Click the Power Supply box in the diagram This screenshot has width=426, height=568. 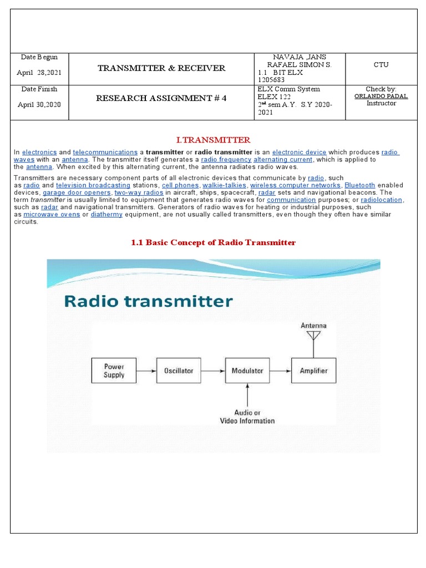(x=114, y=371)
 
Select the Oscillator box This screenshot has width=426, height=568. (x=180, y=371)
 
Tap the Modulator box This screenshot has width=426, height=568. (x=247, y=371)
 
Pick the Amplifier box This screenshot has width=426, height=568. (x=313, y=371)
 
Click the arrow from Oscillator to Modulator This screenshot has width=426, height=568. (x=214, y=371)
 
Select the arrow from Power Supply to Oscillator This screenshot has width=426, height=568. (x=147, y=371)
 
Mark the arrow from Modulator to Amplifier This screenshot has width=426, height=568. (x=280, y=371)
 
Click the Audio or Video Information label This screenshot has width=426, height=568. (x=247, y=417)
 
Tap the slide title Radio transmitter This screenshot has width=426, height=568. (x=148, y=302)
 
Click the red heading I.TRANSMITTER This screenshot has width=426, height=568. (x=213, y=140)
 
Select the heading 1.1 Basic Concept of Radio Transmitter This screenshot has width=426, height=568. (x=213, y=242)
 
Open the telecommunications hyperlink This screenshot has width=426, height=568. (x=105, y=152)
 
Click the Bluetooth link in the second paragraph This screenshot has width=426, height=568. (x=359, y=185)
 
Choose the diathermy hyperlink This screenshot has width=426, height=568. (x=106, y=214)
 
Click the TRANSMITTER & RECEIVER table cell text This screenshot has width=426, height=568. (x=161, y=68)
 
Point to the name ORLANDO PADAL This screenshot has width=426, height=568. (x=381, y=96)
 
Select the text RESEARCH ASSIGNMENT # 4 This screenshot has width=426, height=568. (x=161, y=98)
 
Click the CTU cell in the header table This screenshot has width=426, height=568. (x=381, y=65)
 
